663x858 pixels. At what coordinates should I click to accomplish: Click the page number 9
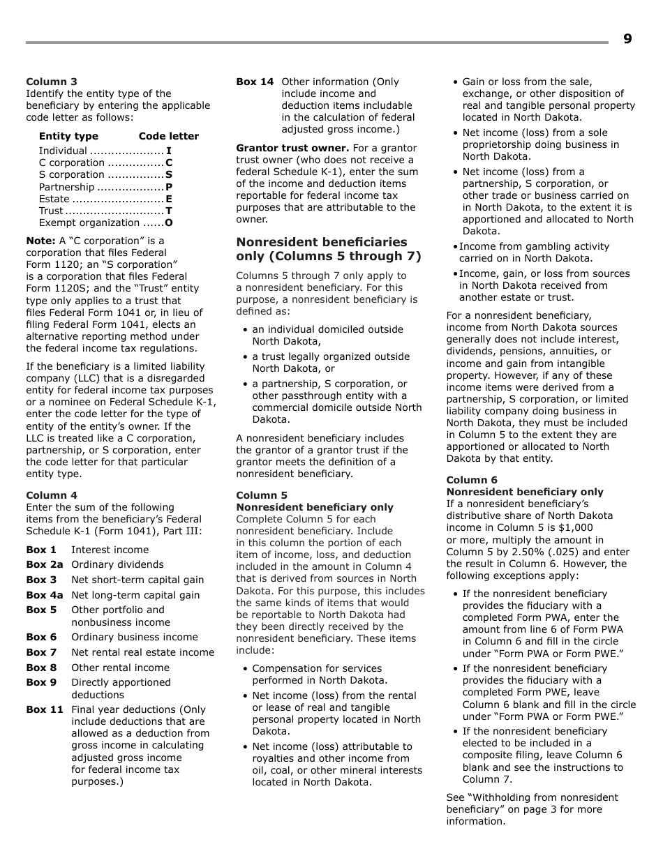tap(627, 39)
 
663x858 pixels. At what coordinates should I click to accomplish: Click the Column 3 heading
tap(52, 82)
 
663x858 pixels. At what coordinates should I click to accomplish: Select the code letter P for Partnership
tap(169, 187)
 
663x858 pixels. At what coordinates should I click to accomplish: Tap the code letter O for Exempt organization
tap(169, 223)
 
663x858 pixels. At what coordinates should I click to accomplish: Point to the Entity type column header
tap(68, 136)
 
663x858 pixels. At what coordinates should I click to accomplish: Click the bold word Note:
tap(40, 241)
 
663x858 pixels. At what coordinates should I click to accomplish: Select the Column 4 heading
tap(52, 495)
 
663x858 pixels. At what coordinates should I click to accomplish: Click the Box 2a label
tap(45, 564)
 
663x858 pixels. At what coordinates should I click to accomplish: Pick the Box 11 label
tap(45, 709)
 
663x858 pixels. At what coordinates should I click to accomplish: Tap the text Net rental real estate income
tap(142, 652)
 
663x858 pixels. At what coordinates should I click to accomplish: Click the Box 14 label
tap(255, 82)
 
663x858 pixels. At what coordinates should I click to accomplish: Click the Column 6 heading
tap(472, 480)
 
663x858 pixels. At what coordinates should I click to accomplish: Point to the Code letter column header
tap(168, 136)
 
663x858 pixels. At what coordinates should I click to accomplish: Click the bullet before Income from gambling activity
tap(455, 247)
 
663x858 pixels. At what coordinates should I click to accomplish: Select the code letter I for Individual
tap(169, 151)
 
